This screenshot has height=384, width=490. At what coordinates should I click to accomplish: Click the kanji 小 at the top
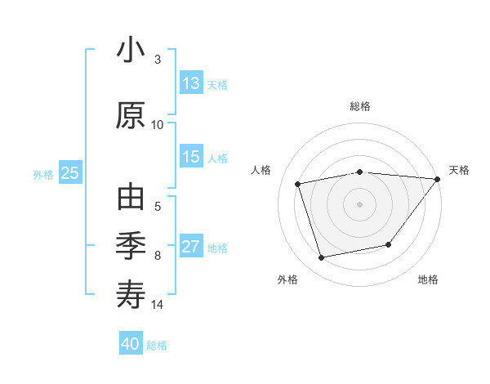[131, 51]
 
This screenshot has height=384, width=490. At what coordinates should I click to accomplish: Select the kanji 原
[131, 115]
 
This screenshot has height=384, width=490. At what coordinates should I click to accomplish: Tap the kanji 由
[131, 199]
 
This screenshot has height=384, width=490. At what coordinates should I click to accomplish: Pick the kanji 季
[131, 245]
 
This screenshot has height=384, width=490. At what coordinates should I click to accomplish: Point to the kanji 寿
[131, 293]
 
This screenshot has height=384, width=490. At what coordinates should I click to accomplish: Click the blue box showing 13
[191, 83]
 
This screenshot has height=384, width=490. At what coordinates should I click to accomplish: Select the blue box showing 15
[191, 157]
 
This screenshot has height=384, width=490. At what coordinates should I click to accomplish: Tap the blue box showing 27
[191, 247]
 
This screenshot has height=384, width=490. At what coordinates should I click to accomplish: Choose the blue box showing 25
[70, 173]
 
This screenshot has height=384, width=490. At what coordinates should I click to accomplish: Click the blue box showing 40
[131, 344]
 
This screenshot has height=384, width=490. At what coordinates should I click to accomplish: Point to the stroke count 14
[158, 305]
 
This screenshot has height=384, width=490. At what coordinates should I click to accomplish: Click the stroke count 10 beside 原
[158, 125]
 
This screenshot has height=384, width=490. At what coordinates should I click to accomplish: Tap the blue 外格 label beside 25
[43, 174]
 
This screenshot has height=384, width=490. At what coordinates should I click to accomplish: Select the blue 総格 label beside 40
[157, 345]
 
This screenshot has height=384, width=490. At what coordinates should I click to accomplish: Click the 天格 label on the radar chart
[459, 170]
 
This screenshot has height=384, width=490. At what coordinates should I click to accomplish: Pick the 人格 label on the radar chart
[261, 170]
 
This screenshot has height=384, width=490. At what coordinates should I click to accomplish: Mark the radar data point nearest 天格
[437, 179]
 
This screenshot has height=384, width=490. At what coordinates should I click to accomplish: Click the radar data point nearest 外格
[321, 258]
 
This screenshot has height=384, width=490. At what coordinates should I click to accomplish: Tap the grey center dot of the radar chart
[359, 203]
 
